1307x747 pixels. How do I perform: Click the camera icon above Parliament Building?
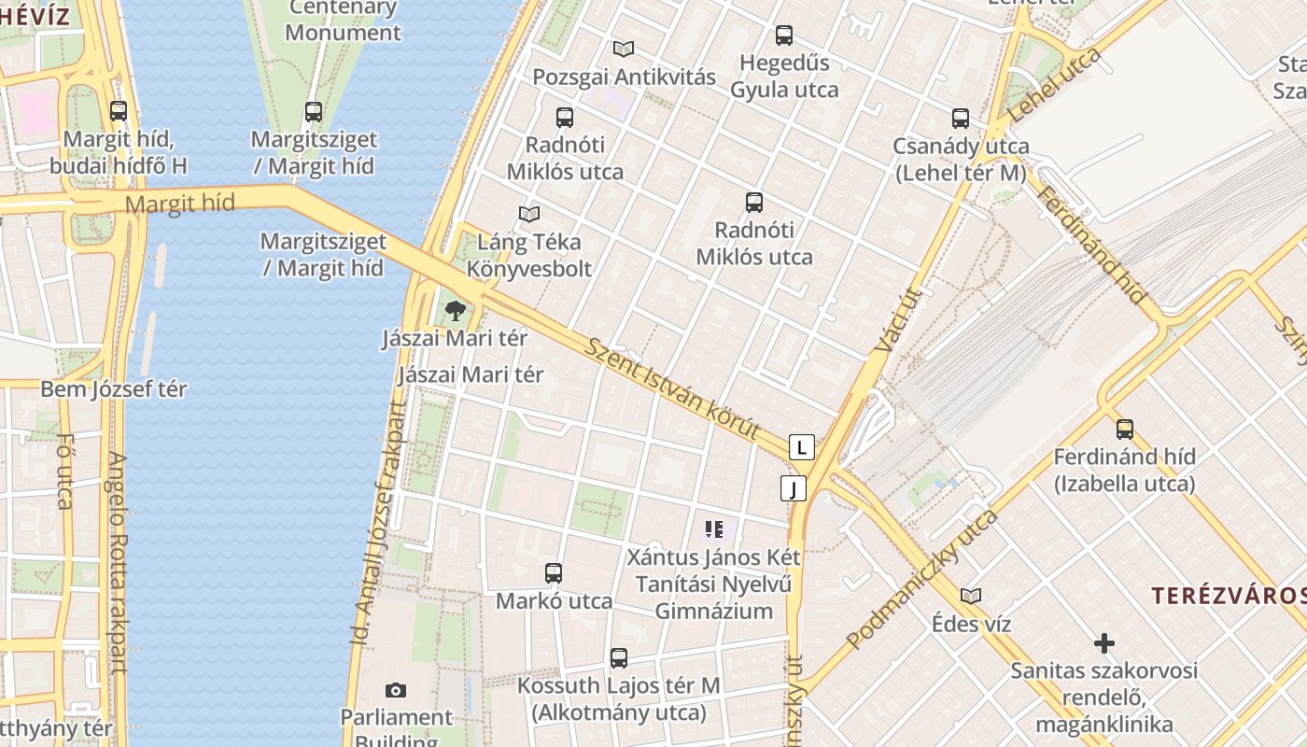pos(396,691)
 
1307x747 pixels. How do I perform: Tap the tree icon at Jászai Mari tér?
pos(456,311)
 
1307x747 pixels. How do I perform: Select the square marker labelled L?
pos(801,447)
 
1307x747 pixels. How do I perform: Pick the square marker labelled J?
pos(794,488)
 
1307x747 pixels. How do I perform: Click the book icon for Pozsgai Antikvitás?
pos(624,49)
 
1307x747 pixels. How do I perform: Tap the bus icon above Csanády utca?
pos(961,119)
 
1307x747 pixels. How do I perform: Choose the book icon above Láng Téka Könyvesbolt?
pos(529,215)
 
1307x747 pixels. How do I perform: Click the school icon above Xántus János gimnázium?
pos(714,530)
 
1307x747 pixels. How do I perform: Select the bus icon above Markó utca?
pos(554,573)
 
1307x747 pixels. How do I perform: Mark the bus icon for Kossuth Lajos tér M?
pos(619,658)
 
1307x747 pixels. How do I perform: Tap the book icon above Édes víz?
pos(971,596)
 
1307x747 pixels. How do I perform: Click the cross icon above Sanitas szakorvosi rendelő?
pos(1104,643)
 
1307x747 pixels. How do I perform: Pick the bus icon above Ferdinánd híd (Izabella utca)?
pos(1125,430)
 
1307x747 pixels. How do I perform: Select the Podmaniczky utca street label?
pos(922,580)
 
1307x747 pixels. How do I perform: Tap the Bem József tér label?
pos(114,389)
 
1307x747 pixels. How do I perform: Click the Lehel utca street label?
pos(1055,84)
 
